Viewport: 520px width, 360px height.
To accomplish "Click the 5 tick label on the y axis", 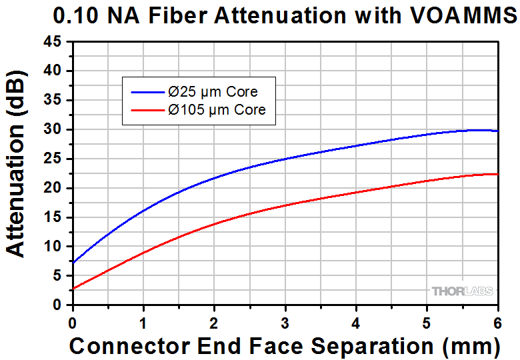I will pyautogui.click(x=58, y=276).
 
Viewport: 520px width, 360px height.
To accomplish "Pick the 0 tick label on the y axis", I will pyautogui.click(x=58, y=305).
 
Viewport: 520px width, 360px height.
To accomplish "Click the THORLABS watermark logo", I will pyautogui.click(x=462, y=291).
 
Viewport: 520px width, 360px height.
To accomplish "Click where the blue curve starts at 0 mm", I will pyautogui.click(x=73, y=262).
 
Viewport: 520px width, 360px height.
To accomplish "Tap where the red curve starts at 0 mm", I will pyautogui.click(x=73, y=289).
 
